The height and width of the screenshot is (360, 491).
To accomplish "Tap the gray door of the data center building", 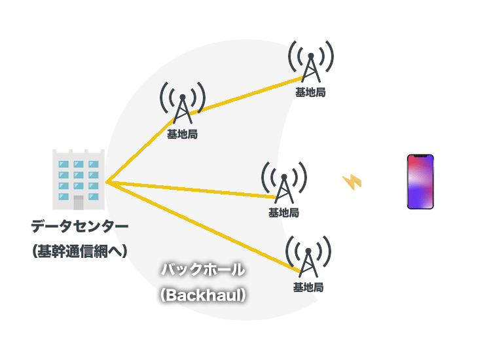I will (x=79, y=202).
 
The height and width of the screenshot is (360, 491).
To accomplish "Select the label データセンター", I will (x=80, y=227).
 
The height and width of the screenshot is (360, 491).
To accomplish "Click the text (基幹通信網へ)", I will (x=80, y=251).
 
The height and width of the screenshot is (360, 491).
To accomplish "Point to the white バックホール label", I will (x=203, y=269).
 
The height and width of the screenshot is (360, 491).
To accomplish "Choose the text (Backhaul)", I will (x=203, y=295).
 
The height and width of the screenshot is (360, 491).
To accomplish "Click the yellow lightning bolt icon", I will (x=352, y=181).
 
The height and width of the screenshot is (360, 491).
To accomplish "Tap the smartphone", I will (x=421, y=182).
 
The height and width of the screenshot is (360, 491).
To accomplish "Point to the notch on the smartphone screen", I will (x=421, y=157).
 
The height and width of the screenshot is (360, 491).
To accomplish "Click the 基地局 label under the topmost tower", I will (x=310, y=92).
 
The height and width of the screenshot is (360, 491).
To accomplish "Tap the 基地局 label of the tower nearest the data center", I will (x=183, y=134).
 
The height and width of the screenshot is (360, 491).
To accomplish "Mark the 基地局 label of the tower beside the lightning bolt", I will (x=284, y=213).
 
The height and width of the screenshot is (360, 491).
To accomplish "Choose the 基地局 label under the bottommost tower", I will (x=308, y=287).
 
